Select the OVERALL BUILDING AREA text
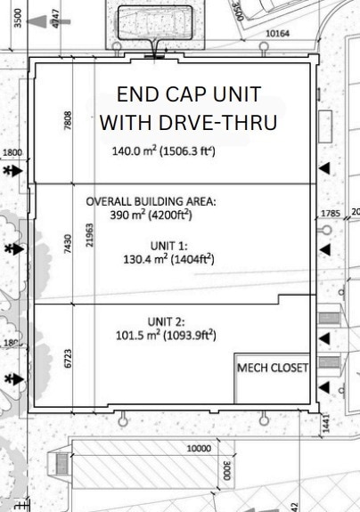click(151, 202)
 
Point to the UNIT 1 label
click(168, 246)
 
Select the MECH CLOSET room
click(272, 368)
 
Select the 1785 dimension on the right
click(330, 213)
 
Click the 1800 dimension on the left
click(13, 152)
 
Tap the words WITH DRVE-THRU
click(189, 122)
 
